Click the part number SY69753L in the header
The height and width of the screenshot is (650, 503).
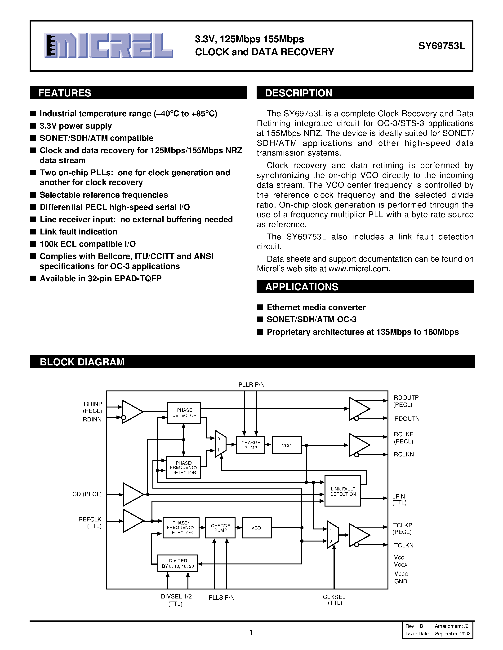441,46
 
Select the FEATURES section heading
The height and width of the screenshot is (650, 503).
65,93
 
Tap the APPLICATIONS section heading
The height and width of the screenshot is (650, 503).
302,287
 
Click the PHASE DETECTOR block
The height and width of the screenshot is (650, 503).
184,413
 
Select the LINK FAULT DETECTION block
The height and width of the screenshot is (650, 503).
343,491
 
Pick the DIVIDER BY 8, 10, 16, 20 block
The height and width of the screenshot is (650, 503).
178,563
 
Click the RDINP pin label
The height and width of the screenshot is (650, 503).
93,404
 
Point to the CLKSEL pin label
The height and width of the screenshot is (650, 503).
334,597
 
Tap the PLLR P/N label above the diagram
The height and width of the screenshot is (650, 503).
251,385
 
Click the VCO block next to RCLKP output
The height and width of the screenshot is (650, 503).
287,445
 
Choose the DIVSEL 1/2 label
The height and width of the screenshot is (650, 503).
176,596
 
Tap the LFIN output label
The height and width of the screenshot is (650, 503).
398,496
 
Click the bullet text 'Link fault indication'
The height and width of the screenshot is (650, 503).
78,232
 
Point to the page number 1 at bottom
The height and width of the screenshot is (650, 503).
251,632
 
